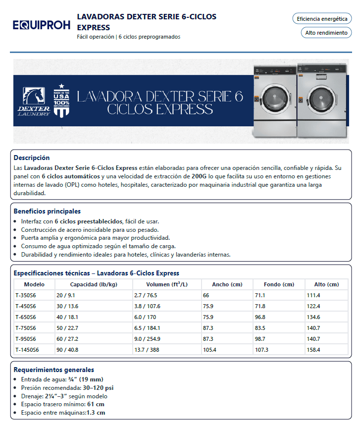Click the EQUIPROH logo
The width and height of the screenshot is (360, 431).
tap(42, 25)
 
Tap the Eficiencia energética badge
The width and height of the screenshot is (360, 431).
tap(322, 19)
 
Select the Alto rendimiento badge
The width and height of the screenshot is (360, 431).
tap(326, 33)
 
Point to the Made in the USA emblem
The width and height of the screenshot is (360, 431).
tap(61, 101)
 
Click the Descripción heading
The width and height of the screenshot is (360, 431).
tap(32, 158)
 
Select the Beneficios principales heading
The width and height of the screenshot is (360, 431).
tap(47, 211)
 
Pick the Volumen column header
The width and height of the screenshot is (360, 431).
tap(167, 284)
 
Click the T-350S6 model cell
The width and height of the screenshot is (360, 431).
tap(26, 295)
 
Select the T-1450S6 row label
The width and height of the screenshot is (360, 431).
tap(27, 350)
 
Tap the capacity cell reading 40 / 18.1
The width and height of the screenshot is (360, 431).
tap(67, 317)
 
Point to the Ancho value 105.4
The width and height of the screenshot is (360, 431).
tap(209, 350)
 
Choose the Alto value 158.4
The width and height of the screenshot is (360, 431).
tap(314, 350)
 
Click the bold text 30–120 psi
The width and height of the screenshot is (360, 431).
tap(97, 387)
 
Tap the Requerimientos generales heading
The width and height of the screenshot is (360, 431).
tap(53, 370)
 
